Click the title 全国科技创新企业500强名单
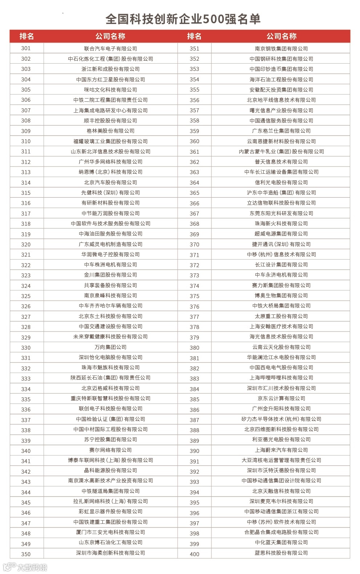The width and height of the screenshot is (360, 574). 183,19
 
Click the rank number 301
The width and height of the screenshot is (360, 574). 26,48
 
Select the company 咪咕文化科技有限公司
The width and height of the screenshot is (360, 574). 110,90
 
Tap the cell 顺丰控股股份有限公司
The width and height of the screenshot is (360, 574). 110,121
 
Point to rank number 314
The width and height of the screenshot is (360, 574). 26,182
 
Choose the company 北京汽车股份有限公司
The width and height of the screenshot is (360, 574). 110,182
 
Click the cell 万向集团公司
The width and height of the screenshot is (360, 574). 110,347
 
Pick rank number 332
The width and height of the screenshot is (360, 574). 26,368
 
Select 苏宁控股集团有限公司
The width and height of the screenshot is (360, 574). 110,440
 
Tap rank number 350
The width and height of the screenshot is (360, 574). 26,554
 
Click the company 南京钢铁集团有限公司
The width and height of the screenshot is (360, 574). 281,49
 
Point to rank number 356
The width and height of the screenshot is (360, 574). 194,100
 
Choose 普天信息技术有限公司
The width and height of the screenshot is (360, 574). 281,162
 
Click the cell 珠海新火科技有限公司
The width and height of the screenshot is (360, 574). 281,224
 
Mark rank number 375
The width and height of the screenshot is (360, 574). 194,296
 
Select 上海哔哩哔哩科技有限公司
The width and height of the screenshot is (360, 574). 281,378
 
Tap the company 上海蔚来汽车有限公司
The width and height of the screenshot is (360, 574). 281,450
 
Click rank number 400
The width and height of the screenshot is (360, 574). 194,554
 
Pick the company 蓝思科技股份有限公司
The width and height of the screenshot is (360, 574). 281,553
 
